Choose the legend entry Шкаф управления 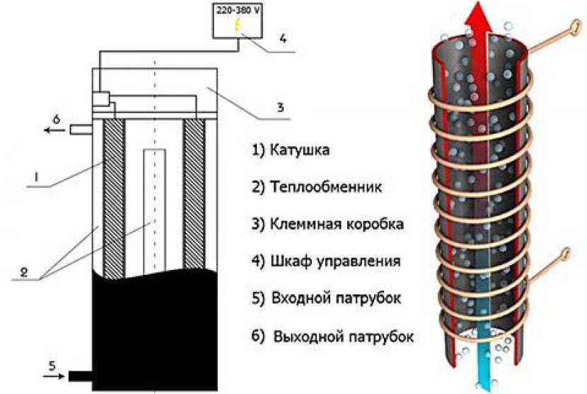click(x=326, y=261)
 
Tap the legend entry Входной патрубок click(x=327, y=298)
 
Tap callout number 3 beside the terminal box click(x=280, y=108)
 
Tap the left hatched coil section click(x=115, y=198)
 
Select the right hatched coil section click(x=194, y=198)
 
